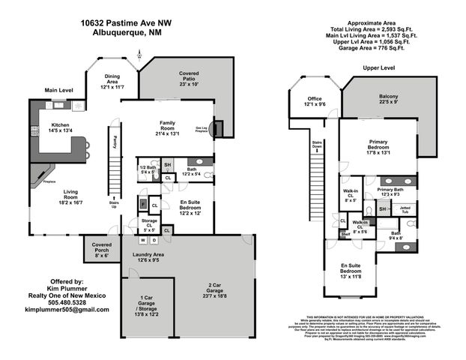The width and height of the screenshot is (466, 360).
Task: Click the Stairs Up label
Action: click(x=114, y=205)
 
